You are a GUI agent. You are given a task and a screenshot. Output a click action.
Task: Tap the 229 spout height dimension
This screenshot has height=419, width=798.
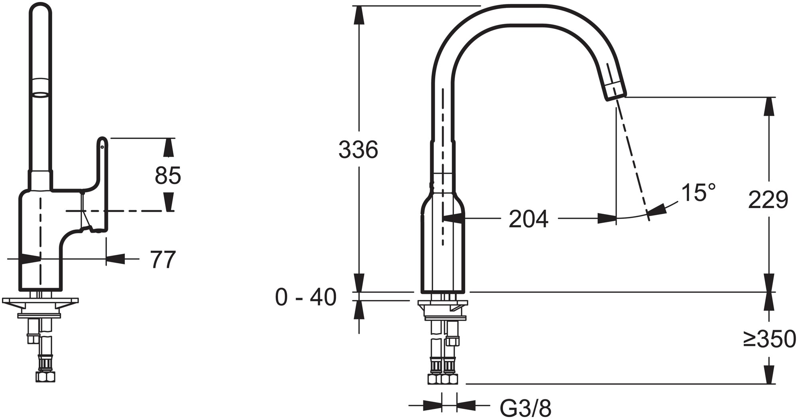pos(768,200)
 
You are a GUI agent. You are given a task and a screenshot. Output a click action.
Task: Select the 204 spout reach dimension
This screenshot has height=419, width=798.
pos(529,219)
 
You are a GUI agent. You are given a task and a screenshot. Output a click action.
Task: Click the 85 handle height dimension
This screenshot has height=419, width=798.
pos(168,175)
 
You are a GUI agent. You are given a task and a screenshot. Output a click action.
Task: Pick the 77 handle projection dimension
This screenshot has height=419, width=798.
pos(163,260)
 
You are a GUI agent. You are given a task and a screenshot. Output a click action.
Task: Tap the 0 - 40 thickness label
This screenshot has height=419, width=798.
pos(306,298)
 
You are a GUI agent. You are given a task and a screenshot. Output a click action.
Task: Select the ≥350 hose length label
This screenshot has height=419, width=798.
pos(770,340)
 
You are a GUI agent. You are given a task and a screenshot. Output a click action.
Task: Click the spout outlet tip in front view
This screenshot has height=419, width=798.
pos(616,90)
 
